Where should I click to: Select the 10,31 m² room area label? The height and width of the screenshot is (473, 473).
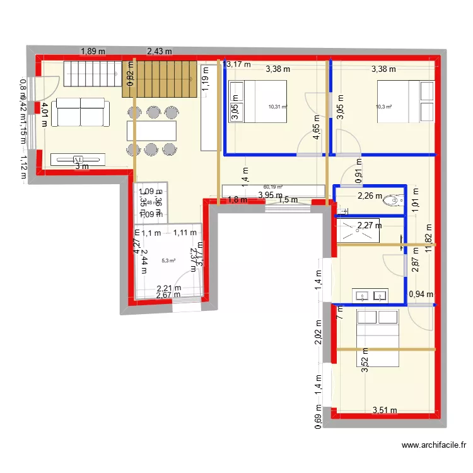click(x=277, y=107)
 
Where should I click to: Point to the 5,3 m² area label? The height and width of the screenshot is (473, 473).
click(x=168, y=260)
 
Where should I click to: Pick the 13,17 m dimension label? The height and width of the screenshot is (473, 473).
click(x=238, y=64)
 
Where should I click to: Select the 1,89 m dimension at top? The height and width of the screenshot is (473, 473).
click(x=92, y=52)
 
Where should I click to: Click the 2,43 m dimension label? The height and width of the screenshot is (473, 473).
click(x=160, y=52)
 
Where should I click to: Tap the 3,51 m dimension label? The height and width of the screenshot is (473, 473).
click(x=385, y=411)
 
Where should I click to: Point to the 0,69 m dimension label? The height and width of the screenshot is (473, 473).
click(x=318, y=419)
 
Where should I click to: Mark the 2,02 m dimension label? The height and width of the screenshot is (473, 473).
click(x=318, y=330)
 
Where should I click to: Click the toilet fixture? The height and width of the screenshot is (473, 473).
click(x=395, y=201)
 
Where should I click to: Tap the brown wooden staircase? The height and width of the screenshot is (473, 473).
click(x=158, y=79)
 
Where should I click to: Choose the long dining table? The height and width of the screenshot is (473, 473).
click(x=151, y=131)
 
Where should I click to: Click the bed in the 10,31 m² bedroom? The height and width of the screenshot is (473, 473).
click(x=257, y=102)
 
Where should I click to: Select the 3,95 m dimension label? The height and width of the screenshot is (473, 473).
click(x=270, y=196)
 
